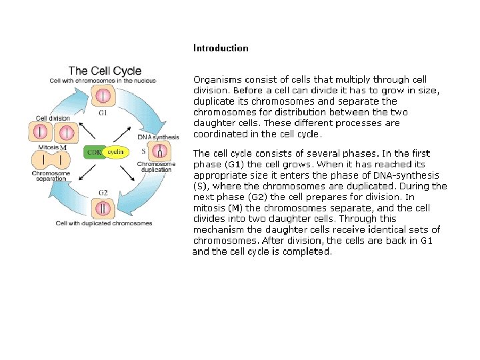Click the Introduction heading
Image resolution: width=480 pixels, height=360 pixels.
(221, 48)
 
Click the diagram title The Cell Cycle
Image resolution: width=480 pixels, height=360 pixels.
(105, 70)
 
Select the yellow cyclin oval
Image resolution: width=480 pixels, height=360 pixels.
(117, 153)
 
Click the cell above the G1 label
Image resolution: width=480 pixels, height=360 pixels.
(103, 97)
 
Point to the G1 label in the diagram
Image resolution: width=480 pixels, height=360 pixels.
(103, 113)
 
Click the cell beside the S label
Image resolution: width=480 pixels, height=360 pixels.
(161, 153)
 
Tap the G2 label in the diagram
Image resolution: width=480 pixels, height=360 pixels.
(103, 193)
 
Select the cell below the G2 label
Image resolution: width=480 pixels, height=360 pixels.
(103, 208)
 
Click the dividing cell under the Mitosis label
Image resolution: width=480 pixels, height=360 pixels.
(51, 161)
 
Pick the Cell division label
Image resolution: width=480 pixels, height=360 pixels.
(53, 118)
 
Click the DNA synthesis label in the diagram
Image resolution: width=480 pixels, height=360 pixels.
(158, 137)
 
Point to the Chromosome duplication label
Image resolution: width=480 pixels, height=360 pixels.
(156, 167)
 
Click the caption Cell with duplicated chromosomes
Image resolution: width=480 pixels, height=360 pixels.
(104, 223)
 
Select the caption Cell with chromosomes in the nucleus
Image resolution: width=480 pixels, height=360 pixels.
(103, 81)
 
